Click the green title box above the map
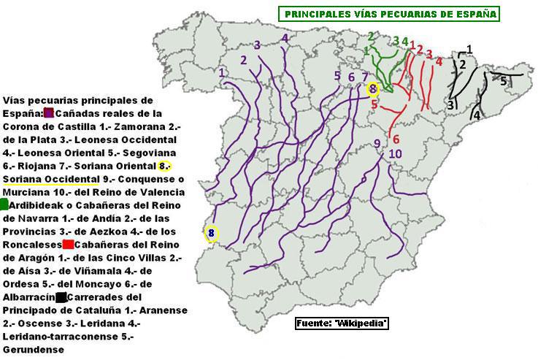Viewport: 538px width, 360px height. pyautogui.click(x=388, y=14)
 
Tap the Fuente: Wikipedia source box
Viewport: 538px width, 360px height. pyautogui.click(x=342, y=323)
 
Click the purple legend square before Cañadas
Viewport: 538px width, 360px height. pyautogui.click(x=49, y=113)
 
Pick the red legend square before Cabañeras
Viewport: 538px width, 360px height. pyautogui.click(x=68, y=245)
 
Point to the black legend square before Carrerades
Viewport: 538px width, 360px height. pyautogui.click(x=61, y=297)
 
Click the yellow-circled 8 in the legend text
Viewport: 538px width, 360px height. pyautogui.click(x=164, y=166)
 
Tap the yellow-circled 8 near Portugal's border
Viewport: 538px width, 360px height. pyautogui.click(x=211, y=233)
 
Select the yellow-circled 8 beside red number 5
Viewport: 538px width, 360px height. pyautogui.click(x=373, y=89)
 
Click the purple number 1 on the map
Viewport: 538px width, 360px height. pyautogui.click(x=222, y=72)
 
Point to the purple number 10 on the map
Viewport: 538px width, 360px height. pyautogui.click(x=395, y=153)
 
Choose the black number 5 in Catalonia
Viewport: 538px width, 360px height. pyautogui.click(x=504, y=81)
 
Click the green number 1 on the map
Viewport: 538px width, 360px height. pyautogui.click(x=366, y=50)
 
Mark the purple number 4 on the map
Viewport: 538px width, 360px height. pyautogui.click(x=284, y=38)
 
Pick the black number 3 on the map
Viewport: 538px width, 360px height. pyautogui.click(x=451, y=105)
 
